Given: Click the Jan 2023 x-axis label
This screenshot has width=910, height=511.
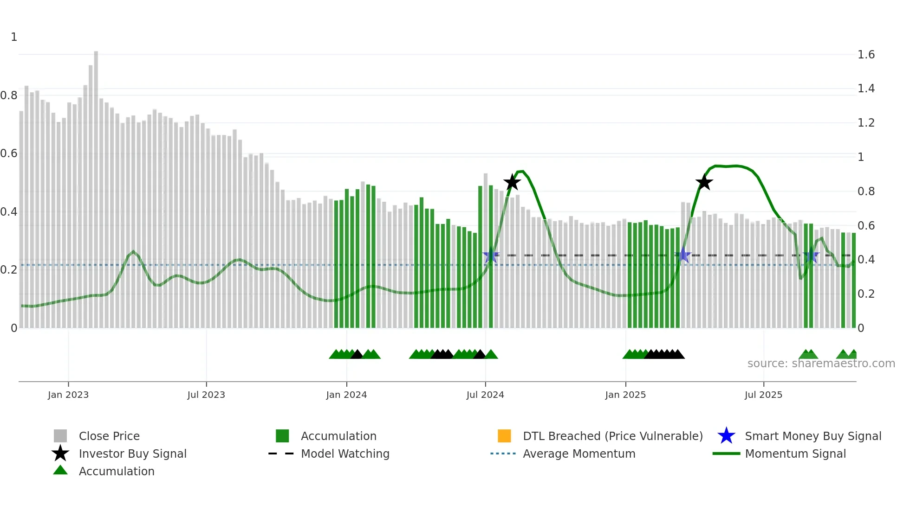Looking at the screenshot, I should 68,395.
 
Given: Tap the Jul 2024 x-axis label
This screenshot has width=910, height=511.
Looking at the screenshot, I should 485,395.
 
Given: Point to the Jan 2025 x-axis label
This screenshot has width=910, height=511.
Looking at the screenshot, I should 625,395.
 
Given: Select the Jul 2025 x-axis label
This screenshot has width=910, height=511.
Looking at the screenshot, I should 763,395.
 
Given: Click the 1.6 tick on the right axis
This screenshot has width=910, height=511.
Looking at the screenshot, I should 866,55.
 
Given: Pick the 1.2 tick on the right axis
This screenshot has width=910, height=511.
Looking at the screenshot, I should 866,123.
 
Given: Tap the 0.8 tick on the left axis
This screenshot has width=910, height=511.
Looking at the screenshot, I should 9,96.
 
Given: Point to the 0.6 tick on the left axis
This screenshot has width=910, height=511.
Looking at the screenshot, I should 9,153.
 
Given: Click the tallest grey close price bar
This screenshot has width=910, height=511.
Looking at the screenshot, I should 96,185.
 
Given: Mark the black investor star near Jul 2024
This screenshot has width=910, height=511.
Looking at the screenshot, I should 512,182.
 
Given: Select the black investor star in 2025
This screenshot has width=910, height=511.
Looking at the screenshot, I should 704,182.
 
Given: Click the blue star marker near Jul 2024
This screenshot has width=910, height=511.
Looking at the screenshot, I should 491,255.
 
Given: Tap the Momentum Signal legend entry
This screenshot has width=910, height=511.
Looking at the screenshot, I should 795,454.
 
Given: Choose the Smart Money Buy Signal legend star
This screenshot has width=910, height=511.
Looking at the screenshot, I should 726,436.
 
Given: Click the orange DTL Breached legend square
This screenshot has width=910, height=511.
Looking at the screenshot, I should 504,436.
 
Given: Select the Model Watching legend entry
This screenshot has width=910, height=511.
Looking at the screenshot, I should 344,454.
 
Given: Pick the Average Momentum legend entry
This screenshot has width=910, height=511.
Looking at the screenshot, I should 578,454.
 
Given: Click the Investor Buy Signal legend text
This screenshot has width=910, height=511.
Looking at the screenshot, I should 132,454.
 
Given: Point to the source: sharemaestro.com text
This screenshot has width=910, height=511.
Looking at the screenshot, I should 821,364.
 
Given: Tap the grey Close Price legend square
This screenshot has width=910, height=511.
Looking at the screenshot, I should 60,436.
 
